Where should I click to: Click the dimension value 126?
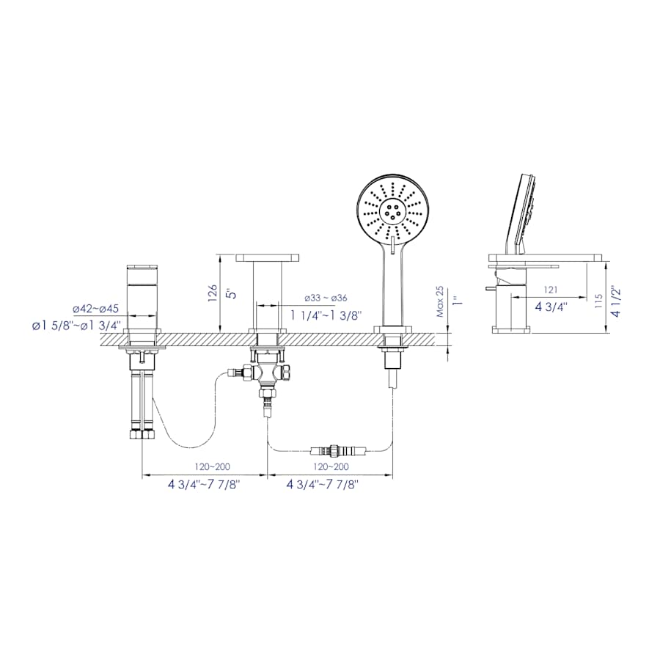(x=212, y=293)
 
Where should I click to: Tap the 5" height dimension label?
(x=232, y=293)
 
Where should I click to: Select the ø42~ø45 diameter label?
(x=96, y=309)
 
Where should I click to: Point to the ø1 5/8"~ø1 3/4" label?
(x=77, y=326)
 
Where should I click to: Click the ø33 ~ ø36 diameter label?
(x=326, y=298)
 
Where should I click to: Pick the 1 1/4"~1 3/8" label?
(x=326, y=315)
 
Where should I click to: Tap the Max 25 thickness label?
(x=440, y=301)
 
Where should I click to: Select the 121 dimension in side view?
(x=550, y=290)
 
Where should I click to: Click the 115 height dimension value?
(x=599, y=301)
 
